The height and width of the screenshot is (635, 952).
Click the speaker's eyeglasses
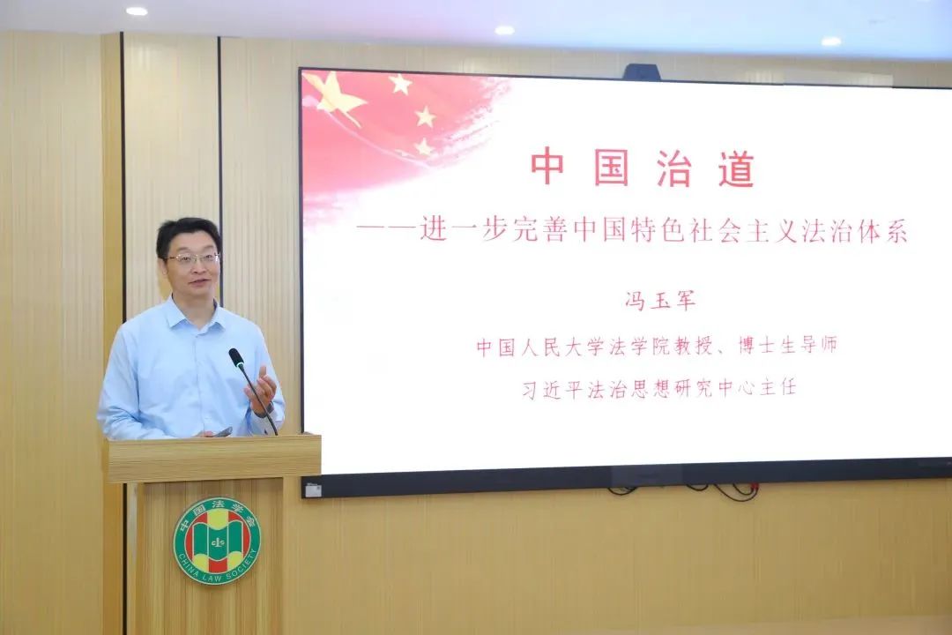tap(193, 259)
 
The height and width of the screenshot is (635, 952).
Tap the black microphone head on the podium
tap(235, 356)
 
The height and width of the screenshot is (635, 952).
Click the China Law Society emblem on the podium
tap(217, 541)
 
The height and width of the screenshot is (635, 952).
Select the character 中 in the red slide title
tap(548, 168)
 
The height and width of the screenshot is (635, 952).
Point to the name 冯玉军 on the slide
tap(660, 301)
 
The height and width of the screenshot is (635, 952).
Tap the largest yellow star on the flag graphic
tap(335, 93)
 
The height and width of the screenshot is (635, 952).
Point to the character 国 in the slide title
tap(611, 168)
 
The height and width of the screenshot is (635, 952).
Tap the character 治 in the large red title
tap(673, 168)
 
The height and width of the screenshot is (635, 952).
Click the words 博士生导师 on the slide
tap(787, 346)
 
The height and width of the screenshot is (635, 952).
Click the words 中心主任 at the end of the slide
tap(756, 388)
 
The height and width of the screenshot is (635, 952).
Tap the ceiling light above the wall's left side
tap(137, 11)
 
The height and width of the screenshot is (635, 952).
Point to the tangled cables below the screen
tap(686, 489)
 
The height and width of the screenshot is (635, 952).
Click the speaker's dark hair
tap(189, 234)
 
